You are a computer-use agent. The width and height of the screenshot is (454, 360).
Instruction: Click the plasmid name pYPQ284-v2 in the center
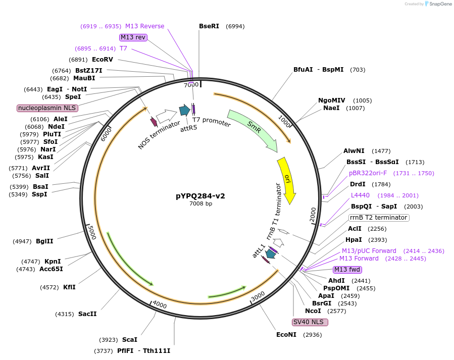(200, 196)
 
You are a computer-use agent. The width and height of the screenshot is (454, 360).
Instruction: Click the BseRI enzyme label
(209, 26)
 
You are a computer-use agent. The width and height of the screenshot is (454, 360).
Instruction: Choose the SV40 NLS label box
(310, 322)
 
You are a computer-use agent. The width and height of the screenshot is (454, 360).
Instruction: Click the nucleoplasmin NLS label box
(47, 108)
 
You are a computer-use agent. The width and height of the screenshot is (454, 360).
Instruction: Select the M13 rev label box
(133, 37)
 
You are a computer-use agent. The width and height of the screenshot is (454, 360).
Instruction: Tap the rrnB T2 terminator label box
(378, 218)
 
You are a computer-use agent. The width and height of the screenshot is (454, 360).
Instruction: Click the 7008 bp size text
(200, 204)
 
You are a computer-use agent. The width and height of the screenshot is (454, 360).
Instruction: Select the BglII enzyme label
(44, 241)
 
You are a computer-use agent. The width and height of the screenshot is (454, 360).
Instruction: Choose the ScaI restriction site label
(129, 340)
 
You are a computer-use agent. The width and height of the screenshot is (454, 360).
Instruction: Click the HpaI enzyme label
(354, 240)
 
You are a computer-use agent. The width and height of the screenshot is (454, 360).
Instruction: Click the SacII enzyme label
(87, 314)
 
